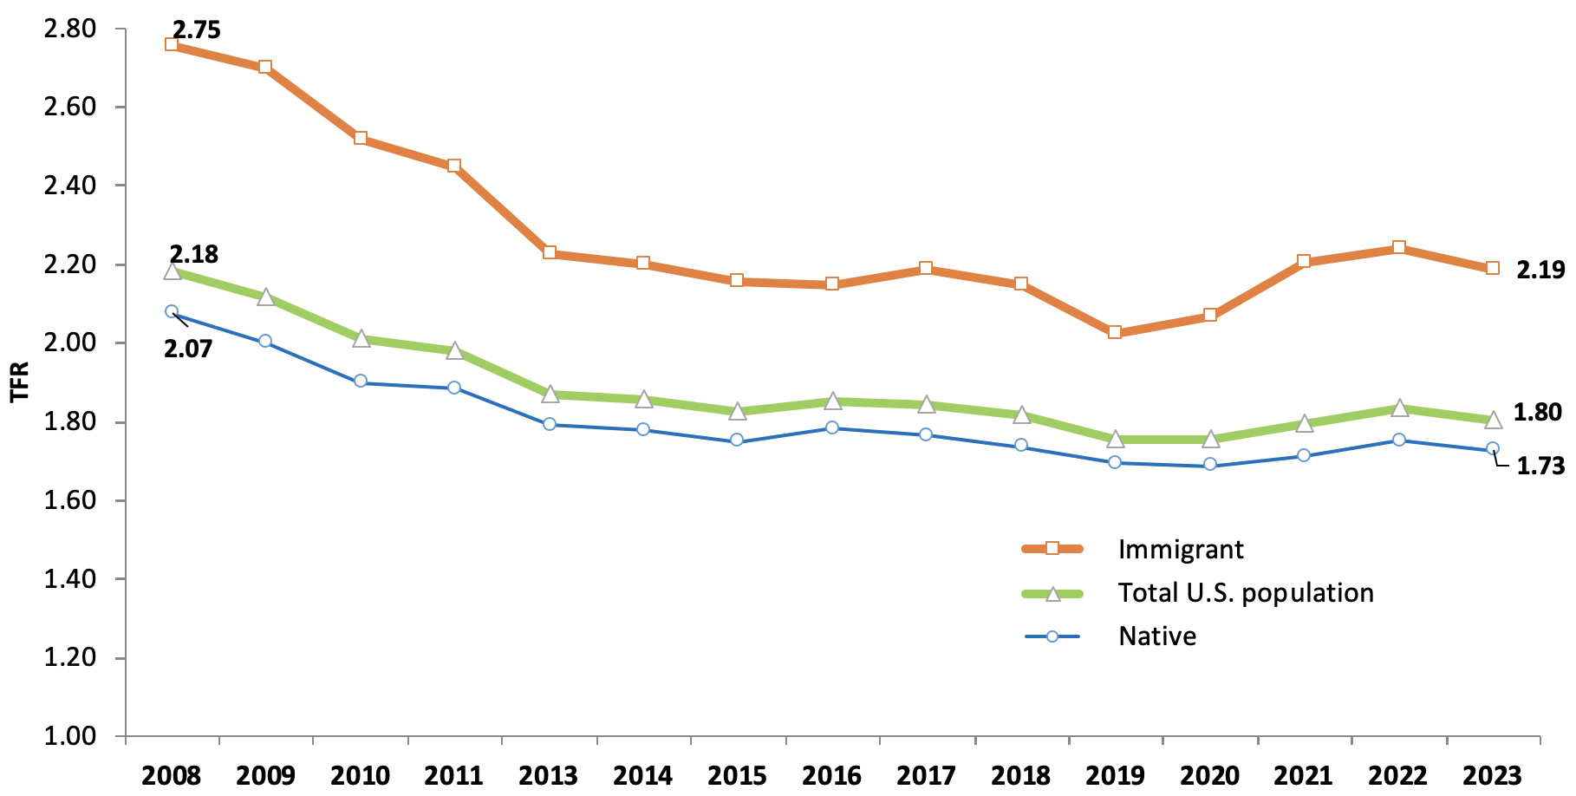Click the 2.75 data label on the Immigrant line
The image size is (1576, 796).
pos(196,30)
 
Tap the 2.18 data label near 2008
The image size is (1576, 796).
pos(194,255)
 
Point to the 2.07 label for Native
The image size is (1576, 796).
pos(188,349)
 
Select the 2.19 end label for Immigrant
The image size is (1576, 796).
pos(1540,271)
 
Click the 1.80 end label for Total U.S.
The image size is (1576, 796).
pos(1537,413)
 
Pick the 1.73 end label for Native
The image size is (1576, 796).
pos(1540,467)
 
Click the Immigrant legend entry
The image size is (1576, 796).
pos(1180,549)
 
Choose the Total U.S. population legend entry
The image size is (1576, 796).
pos(1245,593)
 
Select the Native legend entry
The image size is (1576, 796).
pos(1156,636)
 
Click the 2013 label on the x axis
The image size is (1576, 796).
pos(549,775)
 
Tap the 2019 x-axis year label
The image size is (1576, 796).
pos(1115,775)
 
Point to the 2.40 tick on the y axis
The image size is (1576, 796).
pos(69,186)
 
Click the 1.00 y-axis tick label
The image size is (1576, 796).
pos(69,736)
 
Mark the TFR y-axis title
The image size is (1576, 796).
pos(20,382)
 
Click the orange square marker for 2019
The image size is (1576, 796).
pos(1115,333)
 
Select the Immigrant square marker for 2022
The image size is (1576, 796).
pos(1398,248)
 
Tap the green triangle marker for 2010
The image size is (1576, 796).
pos(361,339)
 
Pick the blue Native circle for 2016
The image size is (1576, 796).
pos(832,427)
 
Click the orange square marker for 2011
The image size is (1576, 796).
pos(454,166)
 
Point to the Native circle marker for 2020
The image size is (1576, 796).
pos(1210,465)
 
